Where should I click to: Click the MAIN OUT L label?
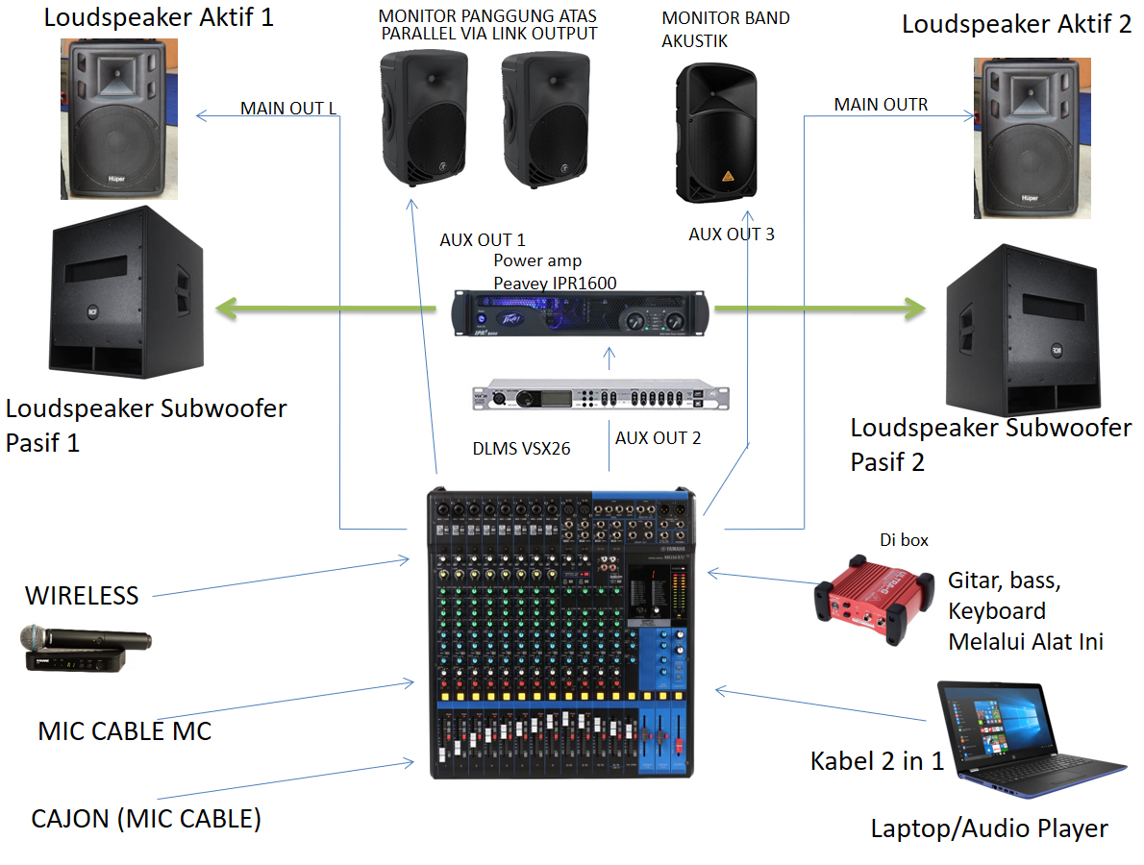pyautogui.click(x=288, y=108)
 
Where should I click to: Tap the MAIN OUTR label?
pyautogui.click(x=881, y=104)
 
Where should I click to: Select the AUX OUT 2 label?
pyautogui.click(x=658, y=438)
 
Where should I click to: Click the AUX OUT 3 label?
pyautogui.click(x=732, y=234)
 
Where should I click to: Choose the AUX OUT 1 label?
pyautogui.click(x=483, y=240)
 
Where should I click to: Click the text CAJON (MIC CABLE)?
pyautogui.click(x=146, y=819)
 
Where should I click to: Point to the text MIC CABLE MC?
pyautogui.click(x=124, y=730)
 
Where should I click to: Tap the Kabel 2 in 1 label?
pyautogui.click(x=877, y=761)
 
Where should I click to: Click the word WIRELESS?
pyautogui.click(x=82, y=595)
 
